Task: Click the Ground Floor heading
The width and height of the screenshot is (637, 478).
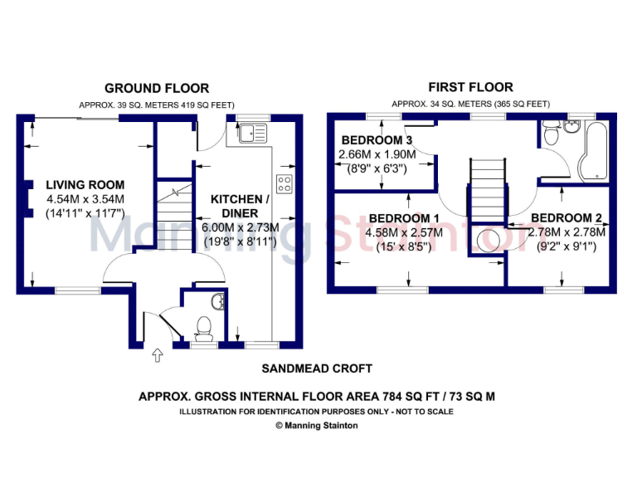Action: coord(156,88)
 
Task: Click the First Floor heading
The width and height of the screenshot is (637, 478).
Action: coord(470,86)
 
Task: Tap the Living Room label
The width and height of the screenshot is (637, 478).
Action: coord(85,185)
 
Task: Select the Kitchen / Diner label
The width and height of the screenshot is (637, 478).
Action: coord(240,207)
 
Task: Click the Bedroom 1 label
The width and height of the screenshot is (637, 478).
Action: coord(405,219)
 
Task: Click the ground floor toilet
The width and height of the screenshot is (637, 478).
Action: coord(203,324)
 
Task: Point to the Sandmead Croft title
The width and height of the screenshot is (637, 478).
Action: coord(317,368)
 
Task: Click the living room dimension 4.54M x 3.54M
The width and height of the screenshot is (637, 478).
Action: coord(85,199)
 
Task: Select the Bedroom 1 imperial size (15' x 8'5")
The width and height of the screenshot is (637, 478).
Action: coord(405,247)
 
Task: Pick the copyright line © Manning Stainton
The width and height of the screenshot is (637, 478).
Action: coord(317,425)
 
